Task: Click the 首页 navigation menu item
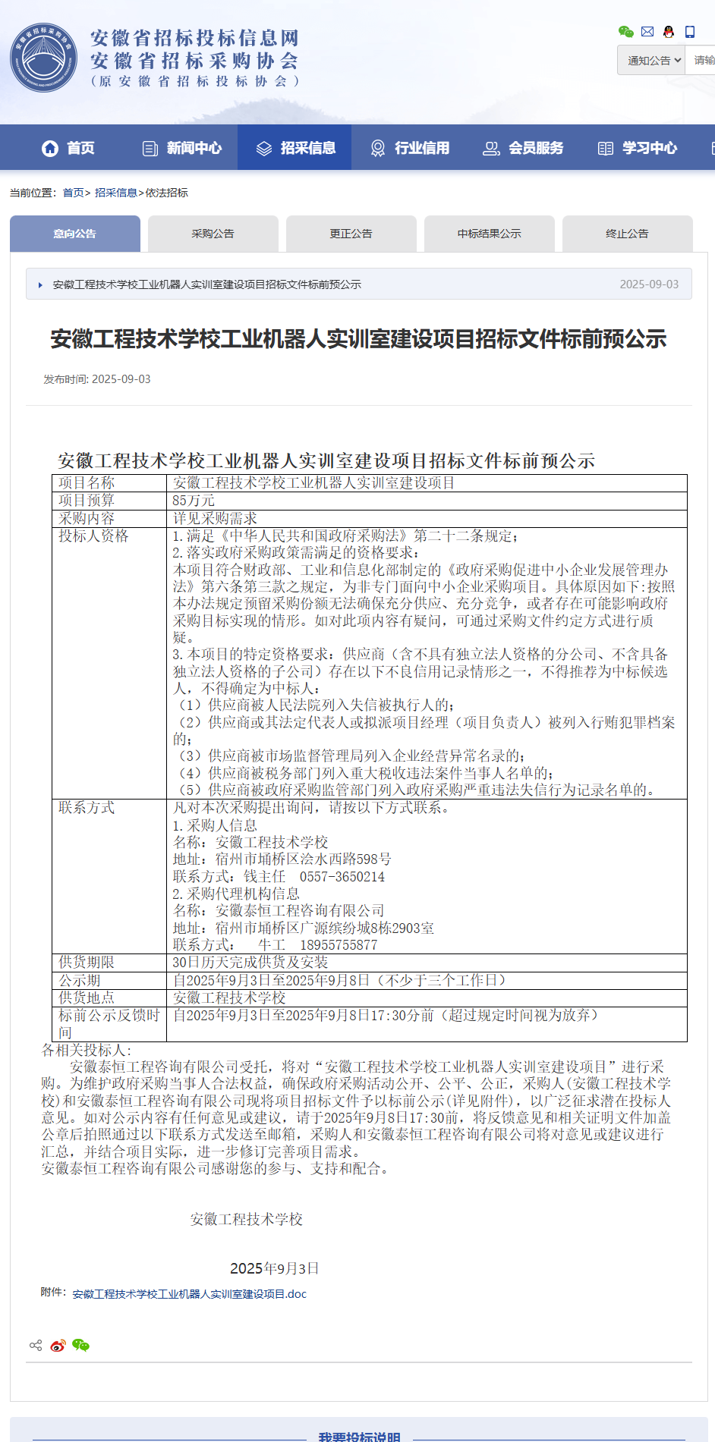pos(68,148)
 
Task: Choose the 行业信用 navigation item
pos(410,148)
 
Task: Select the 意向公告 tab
pos(75,234)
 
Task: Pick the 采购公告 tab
pos(213,234)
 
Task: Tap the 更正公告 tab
pos(351,234)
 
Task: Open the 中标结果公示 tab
pos(490,234)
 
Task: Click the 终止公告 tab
pos(628,234)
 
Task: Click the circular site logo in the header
pos(44,58)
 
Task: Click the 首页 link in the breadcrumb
pos(73,193)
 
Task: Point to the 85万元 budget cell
pos(194,501)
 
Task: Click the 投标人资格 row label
pos(94,536)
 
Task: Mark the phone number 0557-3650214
pos(342,877)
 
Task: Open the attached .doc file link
pos(190,1294)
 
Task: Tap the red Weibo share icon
pos(58,1346)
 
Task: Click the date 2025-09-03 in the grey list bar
pos(649,284)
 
